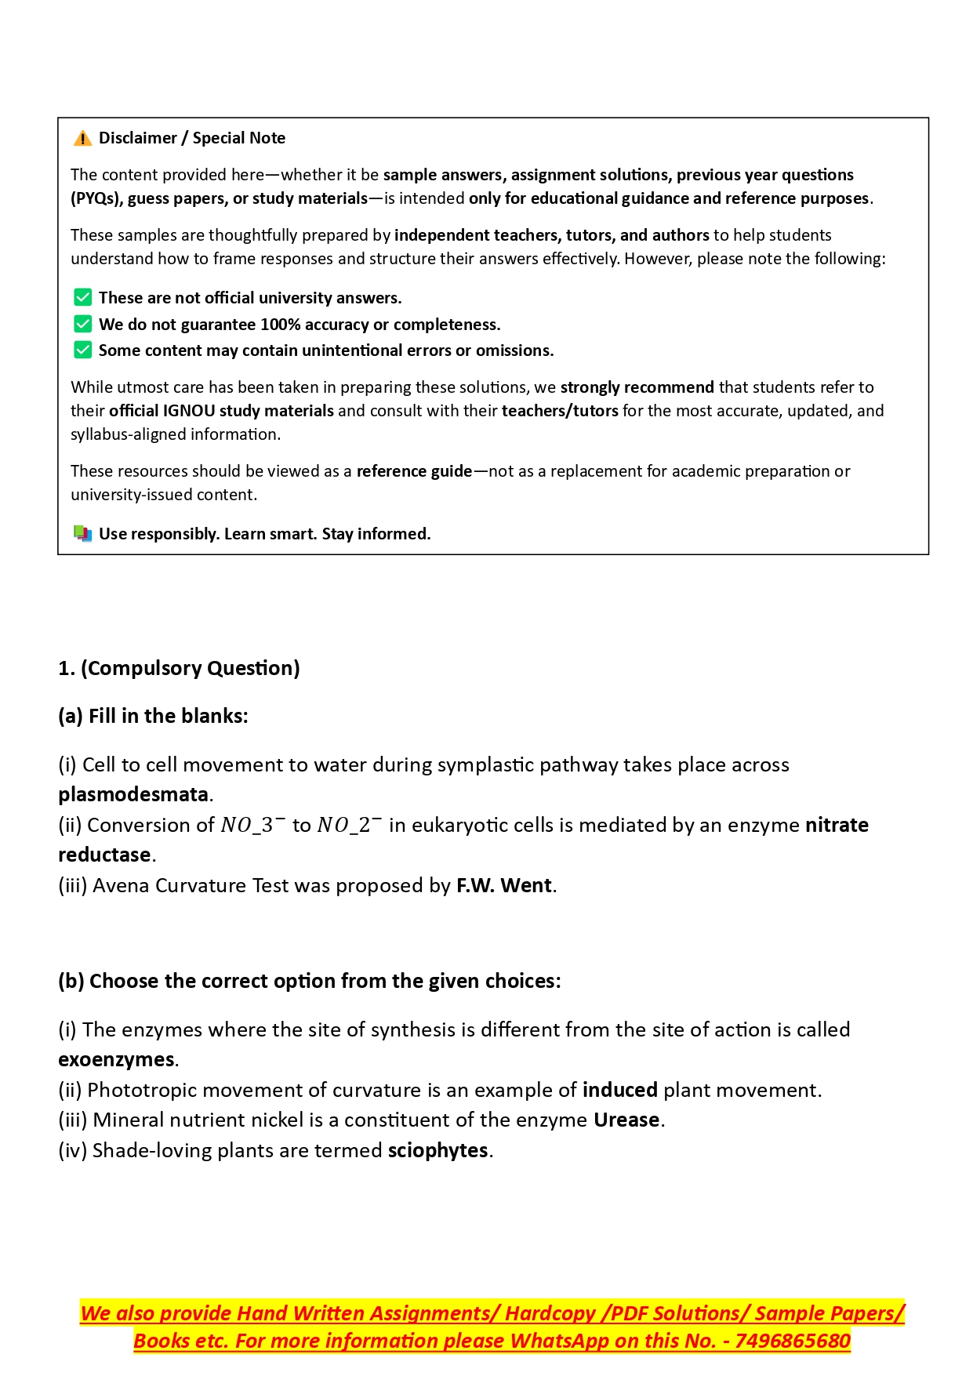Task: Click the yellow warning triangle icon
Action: [82, 139]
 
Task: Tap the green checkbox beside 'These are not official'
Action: [82, 297]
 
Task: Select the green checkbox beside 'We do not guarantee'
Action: [82, 324]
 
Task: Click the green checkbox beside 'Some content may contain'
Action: [82, 350]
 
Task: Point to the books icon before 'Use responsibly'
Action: [82, 534]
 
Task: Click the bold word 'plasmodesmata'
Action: [133, 794]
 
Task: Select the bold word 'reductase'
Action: [104, 855]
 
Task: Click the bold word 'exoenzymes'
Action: [116, 1059]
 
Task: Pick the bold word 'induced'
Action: [619, 1090]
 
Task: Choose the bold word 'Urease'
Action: [626, 1120]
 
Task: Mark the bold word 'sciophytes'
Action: [437, 1150]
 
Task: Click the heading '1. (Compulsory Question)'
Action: [179, 668]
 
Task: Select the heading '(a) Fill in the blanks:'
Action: [153, 716]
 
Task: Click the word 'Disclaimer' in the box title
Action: [138, 138]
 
